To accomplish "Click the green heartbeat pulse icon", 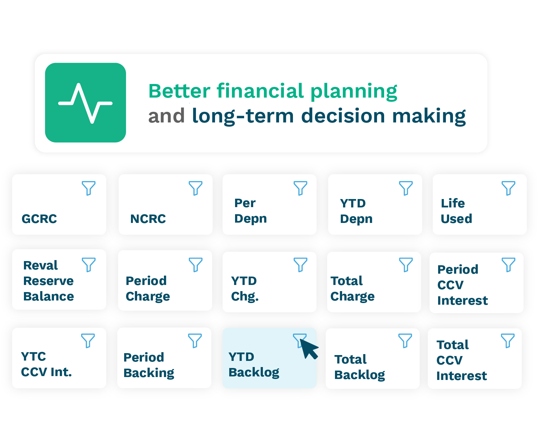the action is tap(85, 103).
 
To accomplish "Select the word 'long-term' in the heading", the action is tap(243, 116).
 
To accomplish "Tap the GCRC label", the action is tap(39, 219).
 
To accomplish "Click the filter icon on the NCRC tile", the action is tap(196, 188).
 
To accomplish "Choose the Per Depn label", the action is tap(251, 211).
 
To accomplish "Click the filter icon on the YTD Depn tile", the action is tap(406, 188).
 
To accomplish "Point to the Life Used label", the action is tap(456, 211).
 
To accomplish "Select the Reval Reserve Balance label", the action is tap(49, 281).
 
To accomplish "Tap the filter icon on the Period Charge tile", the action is tap(196, 265).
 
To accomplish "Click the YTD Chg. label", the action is tap(245, 289).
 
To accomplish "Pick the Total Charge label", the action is tap(352, 289).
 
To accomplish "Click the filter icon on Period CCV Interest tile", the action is tap(508, 265).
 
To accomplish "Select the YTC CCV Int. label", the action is tap(46, 364).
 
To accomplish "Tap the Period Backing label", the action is tap(149, 365).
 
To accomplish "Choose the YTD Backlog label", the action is tap(254, 364).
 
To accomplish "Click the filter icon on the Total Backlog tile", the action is tap(405, 341).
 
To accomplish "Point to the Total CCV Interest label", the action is tap(461, 360).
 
